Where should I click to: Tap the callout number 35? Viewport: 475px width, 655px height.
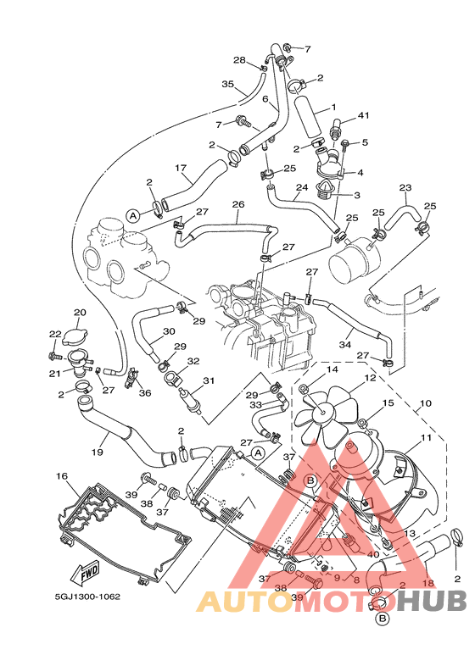[227, 84]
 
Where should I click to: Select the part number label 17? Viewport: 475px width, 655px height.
[180, 168]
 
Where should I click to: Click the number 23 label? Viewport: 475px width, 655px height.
[405, 187]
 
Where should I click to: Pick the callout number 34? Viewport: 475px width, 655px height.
[345, 345]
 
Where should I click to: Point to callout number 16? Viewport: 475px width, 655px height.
[61, 477]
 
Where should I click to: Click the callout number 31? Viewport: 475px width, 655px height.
[208, 380]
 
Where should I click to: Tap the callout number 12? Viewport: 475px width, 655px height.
[370, 378]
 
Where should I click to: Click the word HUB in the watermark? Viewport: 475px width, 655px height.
[433, 601]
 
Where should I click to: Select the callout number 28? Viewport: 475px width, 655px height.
[239, 60]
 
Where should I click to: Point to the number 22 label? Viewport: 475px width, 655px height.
[55, 334]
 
